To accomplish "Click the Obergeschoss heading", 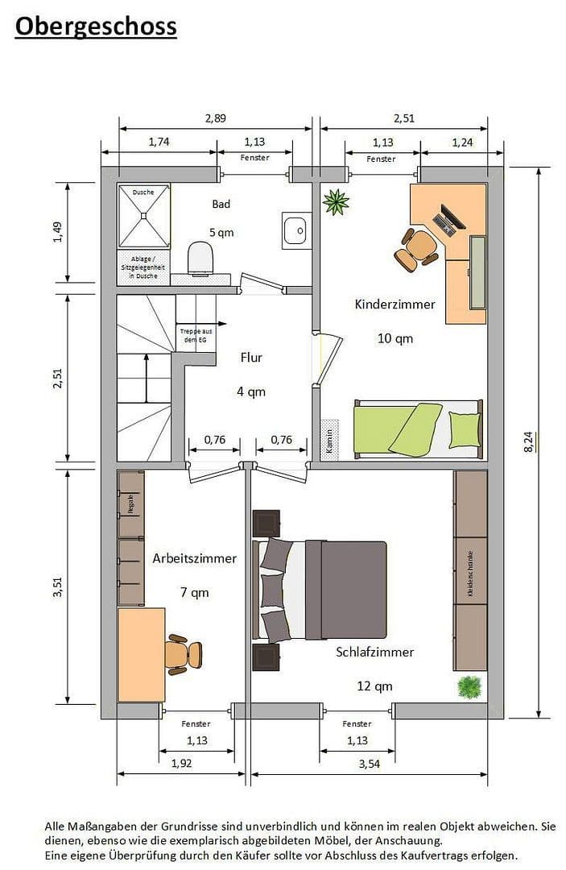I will tap(96, 27).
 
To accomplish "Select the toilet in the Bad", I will tap(200, 258).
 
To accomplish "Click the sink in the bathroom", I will tap(294, 230).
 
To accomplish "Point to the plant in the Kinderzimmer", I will tap(335, 201).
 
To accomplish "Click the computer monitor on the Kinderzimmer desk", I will tap(448, 217).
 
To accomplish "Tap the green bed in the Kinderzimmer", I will tap(417, 428).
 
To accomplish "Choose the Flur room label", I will tap(251, 357).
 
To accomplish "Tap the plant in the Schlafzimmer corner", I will tap(469, 687).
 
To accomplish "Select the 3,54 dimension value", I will tap(369, 764).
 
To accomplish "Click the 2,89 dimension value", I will tap(215, 118).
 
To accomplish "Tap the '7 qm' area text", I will tap(194, 592).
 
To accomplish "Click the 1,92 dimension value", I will tap(181, 764).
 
